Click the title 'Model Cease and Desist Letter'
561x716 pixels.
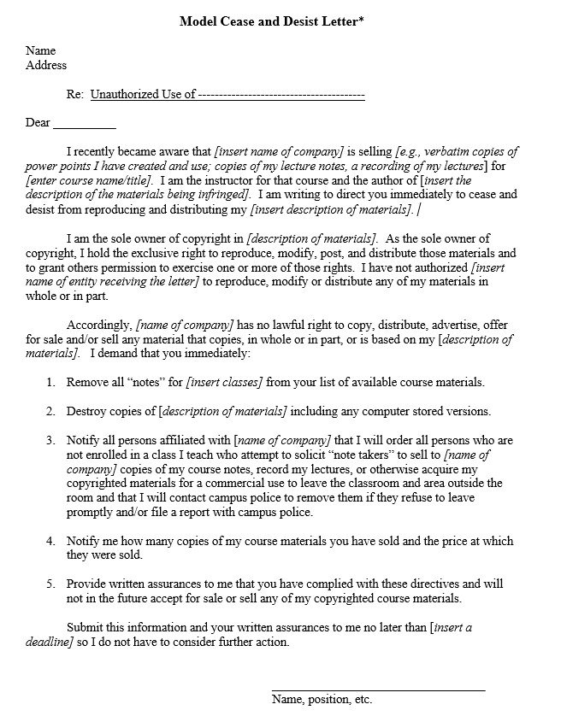coord(271,21)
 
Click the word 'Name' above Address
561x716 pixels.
coord(40,51)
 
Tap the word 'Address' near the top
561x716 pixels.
coord(46,65)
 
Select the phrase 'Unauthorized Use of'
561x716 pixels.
coord(143,94)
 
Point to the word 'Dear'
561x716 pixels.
coord(38,123)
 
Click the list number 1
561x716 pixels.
coord(50,382)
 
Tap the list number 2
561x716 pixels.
coord(50,411)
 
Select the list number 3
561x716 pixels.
coord(50,440)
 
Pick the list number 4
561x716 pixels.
coord(50,541)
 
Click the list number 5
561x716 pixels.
coord(50,584)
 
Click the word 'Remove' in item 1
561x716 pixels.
coord(86,382)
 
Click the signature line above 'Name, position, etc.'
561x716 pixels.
coord(378,689)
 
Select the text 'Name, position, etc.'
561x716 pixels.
coord(322,700)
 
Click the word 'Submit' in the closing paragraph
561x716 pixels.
coord(86,628)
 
